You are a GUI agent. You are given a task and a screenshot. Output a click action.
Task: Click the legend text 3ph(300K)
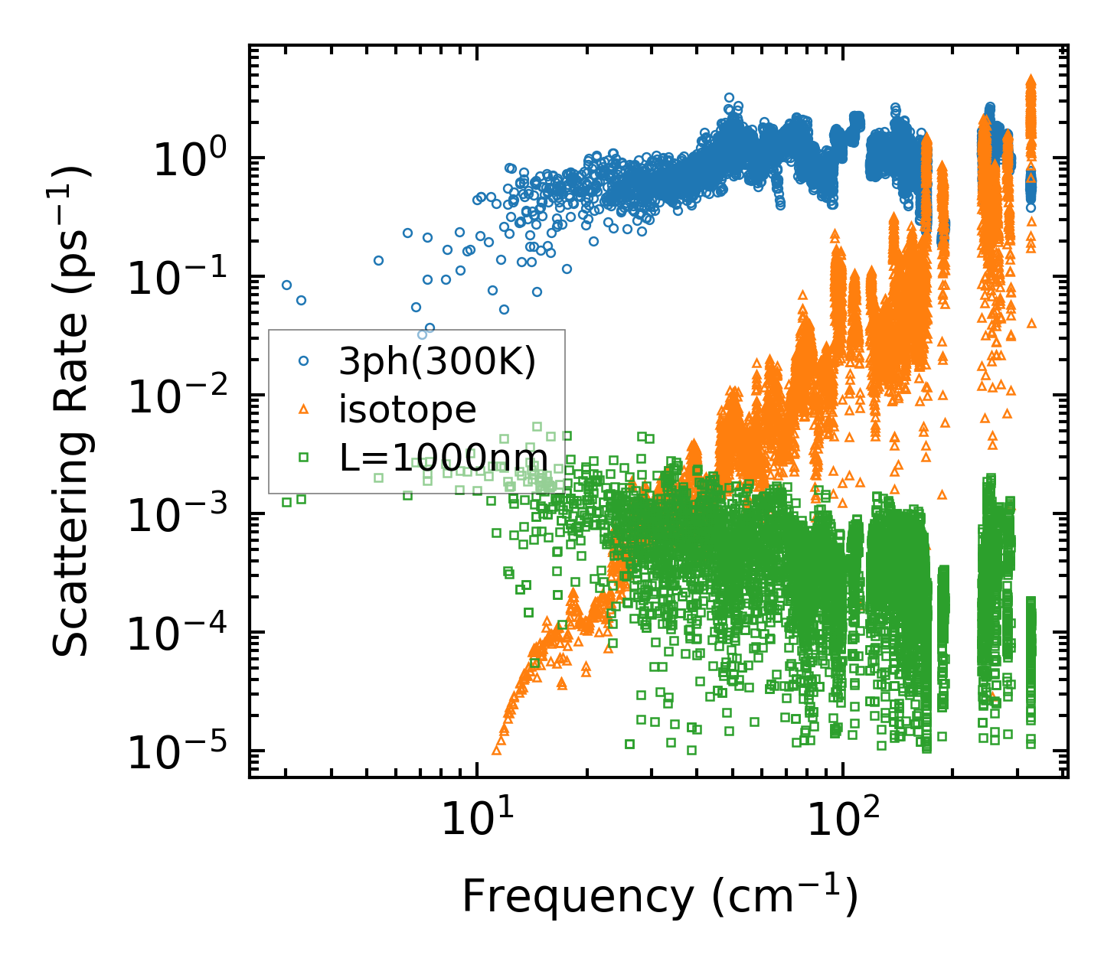(x=437, y=362)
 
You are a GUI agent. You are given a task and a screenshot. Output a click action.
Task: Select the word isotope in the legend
(x=407, y=409)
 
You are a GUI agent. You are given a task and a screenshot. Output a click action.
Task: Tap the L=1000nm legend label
(x=443, y=458)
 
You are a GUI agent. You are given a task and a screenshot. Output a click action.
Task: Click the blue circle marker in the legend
(x=304, y=360)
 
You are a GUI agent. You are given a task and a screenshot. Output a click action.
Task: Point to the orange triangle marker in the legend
(x=304, y=409)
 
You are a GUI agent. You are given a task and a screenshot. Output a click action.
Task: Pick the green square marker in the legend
(x=304, y=458)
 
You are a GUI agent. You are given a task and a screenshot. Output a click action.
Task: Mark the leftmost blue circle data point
(x=286, y=285)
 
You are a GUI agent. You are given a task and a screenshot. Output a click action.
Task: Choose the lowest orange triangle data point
(x=496, y=751)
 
